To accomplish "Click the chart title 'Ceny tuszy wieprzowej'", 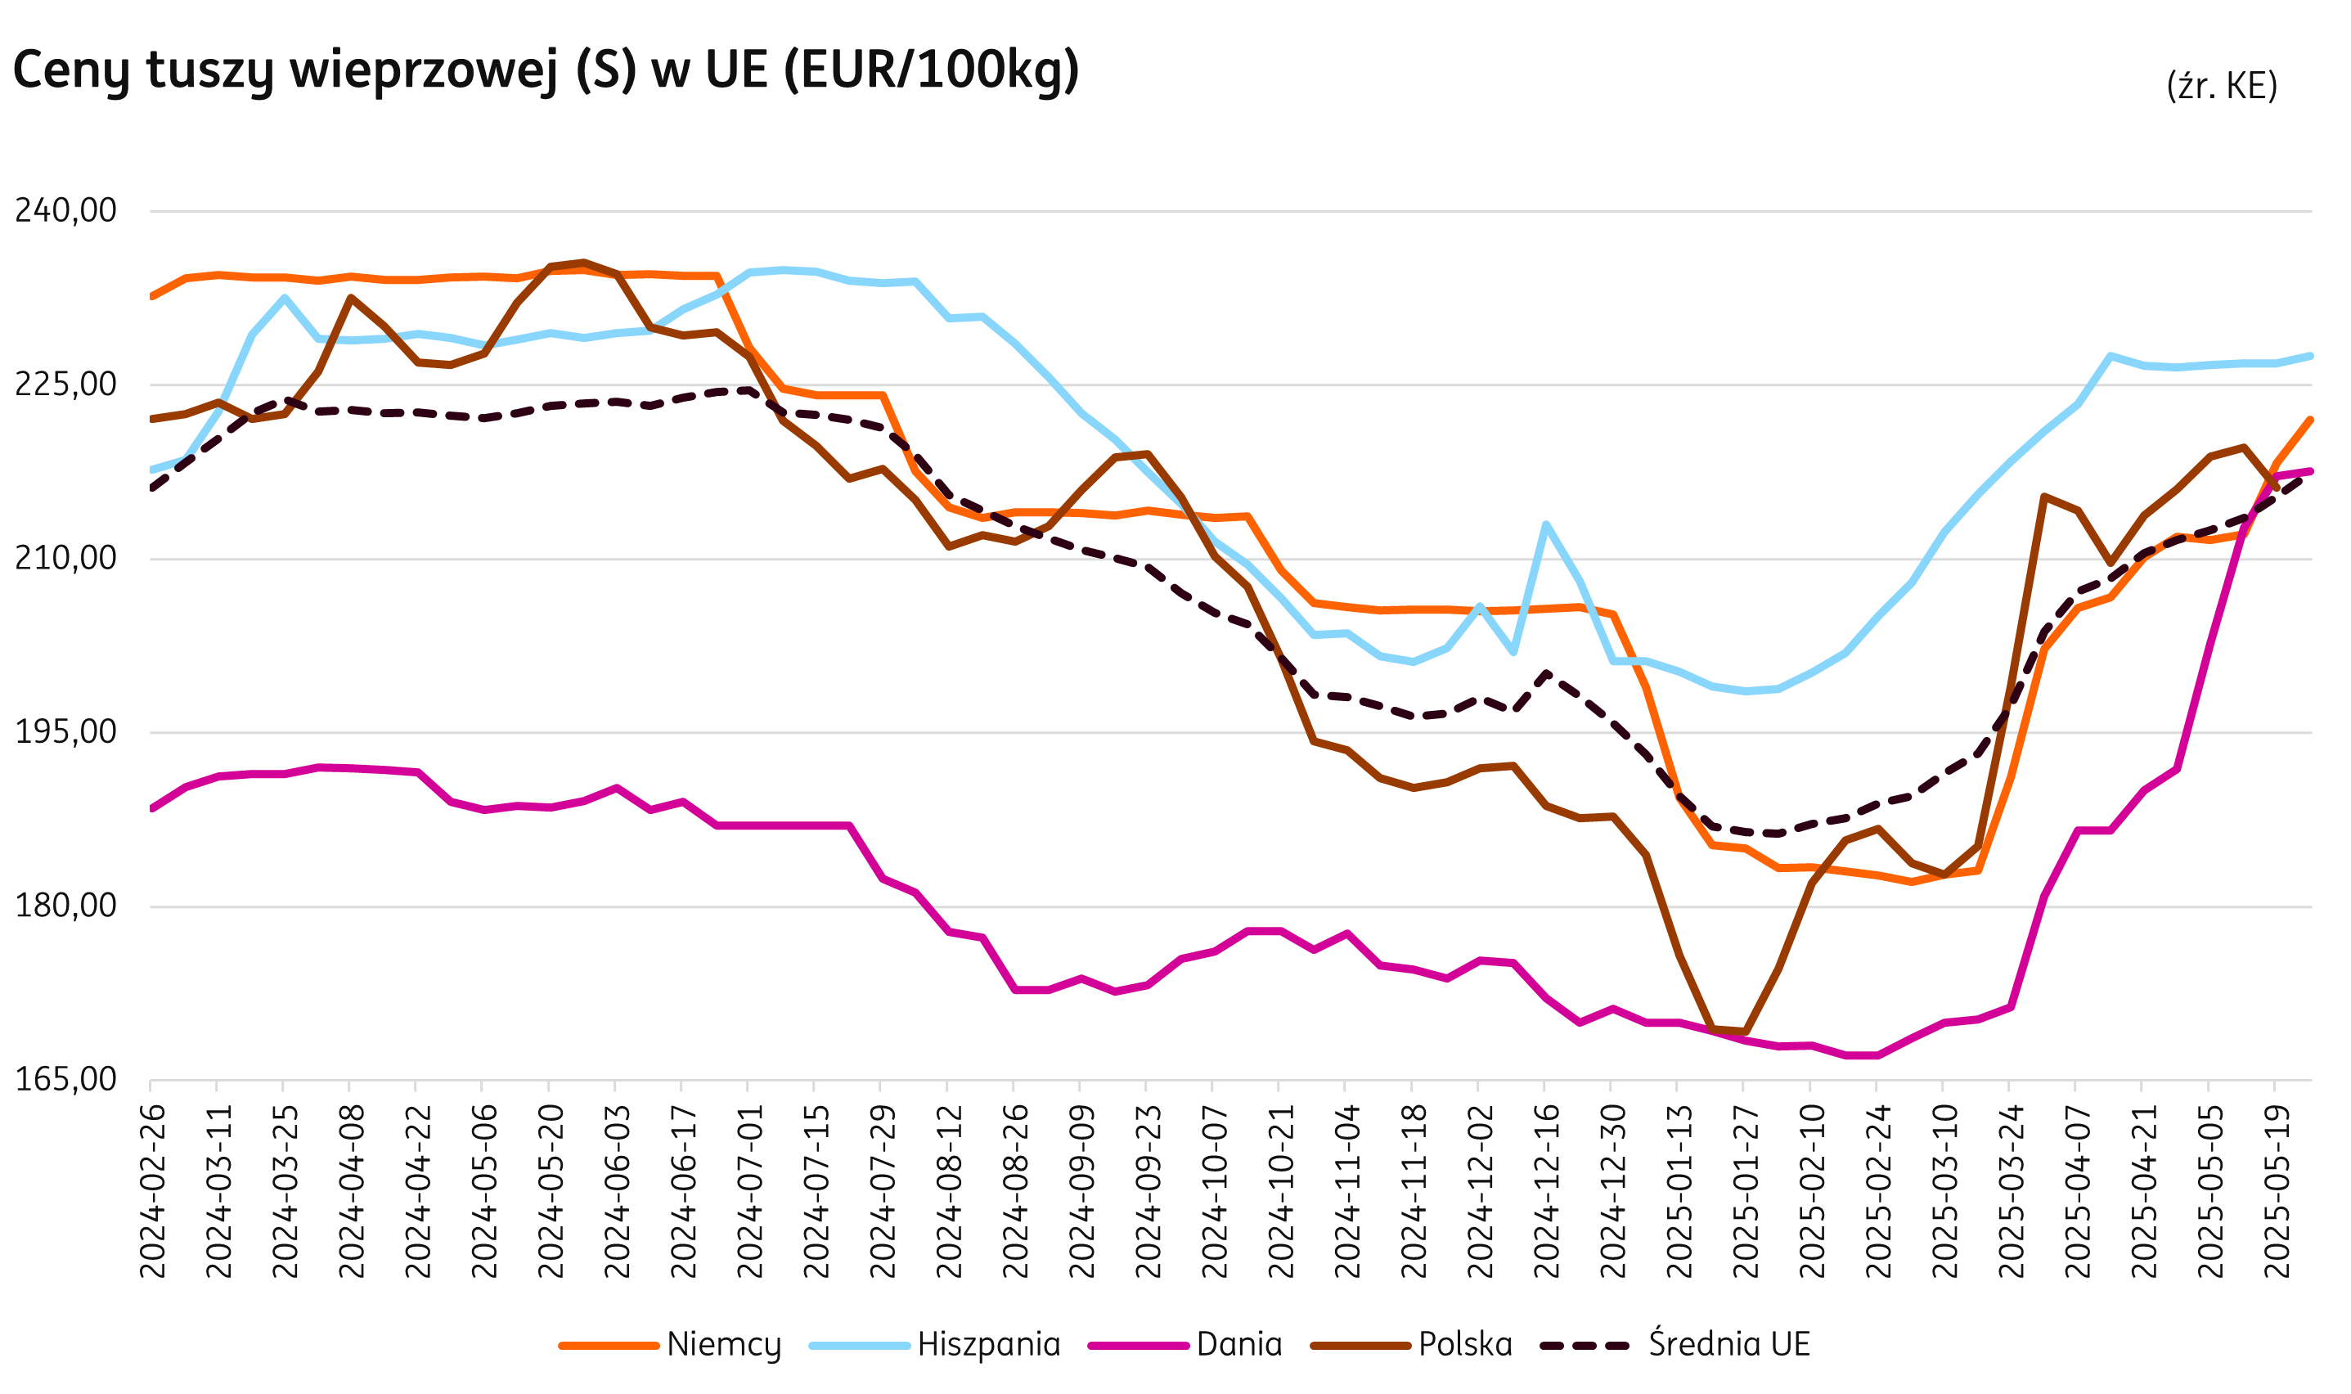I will click(x=545, y=70).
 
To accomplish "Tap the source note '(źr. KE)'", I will click(x=2222, y=85).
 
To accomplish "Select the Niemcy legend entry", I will click(x=722, y=1344).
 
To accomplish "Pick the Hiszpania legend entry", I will click(x=988, y=1344).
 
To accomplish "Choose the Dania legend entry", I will click(x=1238, y=1344).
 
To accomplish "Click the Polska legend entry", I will click(x=1464, y=1344).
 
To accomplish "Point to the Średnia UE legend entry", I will click(x=1728, y=1344).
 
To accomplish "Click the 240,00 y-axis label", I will click(x=65, y=210).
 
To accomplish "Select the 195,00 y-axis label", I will click(x=65, y=731).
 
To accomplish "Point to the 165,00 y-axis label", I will click(x=65, y=1079).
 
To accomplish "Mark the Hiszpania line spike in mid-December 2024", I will click(x=1545, y=524).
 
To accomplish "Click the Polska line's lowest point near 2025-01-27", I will click(x=1745, y=1032).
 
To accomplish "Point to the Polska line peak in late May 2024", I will click(x=583, y=263).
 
